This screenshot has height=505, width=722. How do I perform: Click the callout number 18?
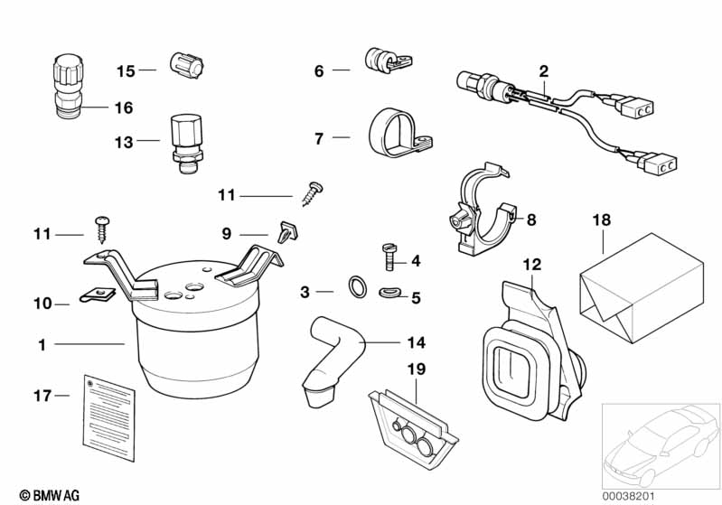tap(602, 220)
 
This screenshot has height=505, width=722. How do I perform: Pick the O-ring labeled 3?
tap(358, 288)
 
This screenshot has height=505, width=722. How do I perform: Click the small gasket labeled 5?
tap(391, 291)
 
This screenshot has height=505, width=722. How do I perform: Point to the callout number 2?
tap(543, 70)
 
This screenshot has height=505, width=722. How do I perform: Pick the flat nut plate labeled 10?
tap(98, 295)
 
